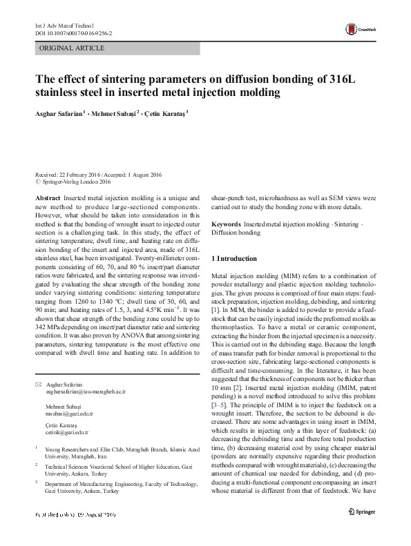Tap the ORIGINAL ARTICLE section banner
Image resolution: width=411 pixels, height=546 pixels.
73,48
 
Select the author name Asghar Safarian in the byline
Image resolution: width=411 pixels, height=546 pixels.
58,113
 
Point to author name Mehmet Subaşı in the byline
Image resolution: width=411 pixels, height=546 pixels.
115,113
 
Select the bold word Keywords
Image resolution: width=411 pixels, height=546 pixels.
226,225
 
